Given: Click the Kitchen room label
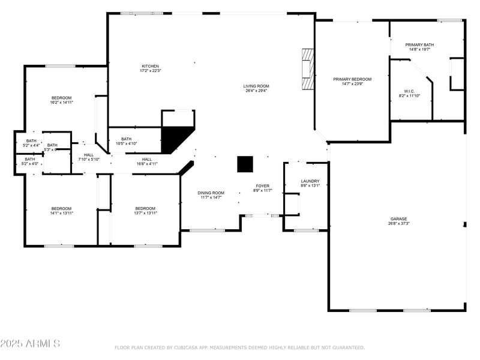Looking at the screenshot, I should [x=151, y=66].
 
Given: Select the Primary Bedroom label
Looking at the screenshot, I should [x=352, y=79].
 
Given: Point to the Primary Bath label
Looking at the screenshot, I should [x=419, y=44].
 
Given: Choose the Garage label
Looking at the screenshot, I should [x=398, y=219].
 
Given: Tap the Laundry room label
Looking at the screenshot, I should [x=310, y=181].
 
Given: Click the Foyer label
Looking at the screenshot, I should [x=263, y=186].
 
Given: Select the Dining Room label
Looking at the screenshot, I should [x=211, y=193].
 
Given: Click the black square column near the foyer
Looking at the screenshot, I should [x=245, y=164].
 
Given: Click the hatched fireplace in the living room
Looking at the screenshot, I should [x=307, y=69].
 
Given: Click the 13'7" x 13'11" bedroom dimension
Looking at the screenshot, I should [x=145, y=213].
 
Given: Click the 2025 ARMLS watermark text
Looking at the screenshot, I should [x=30, y=344].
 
